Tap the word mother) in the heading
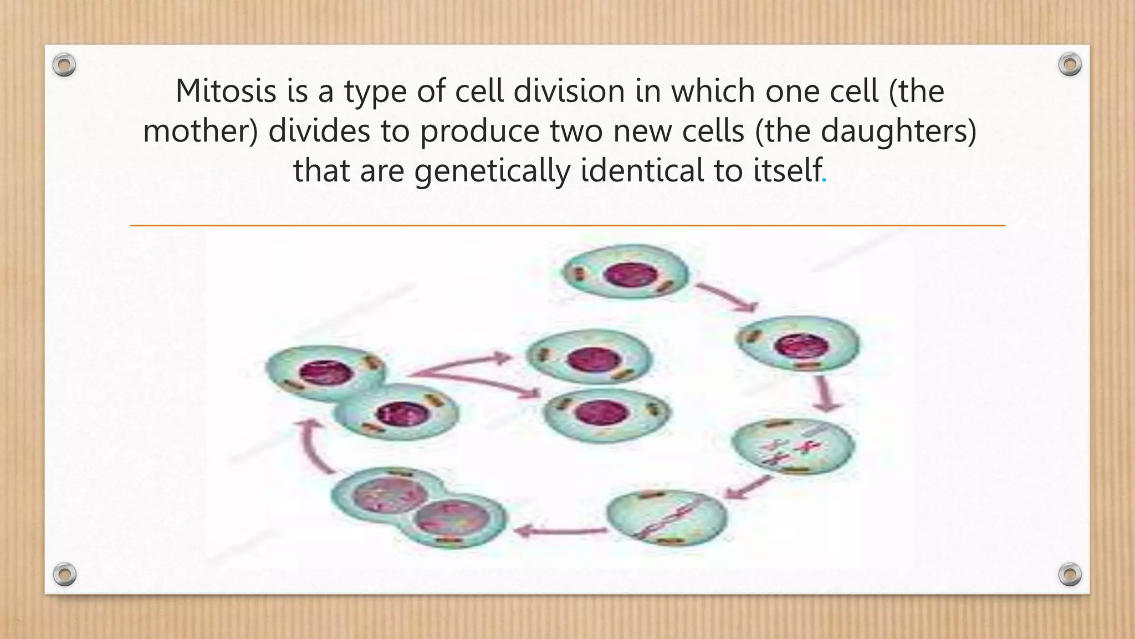coord(200,131)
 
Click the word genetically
coord(492,170)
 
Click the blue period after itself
coord(825,180)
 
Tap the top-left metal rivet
coord(64,65)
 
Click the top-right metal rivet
coord(1070,65)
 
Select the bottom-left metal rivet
coord(64,574)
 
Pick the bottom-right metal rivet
coord(1070,574)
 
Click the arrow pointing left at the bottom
coord(560,531)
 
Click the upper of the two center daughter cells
coord(589,357)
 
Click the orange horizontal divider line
coord(567,226)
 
